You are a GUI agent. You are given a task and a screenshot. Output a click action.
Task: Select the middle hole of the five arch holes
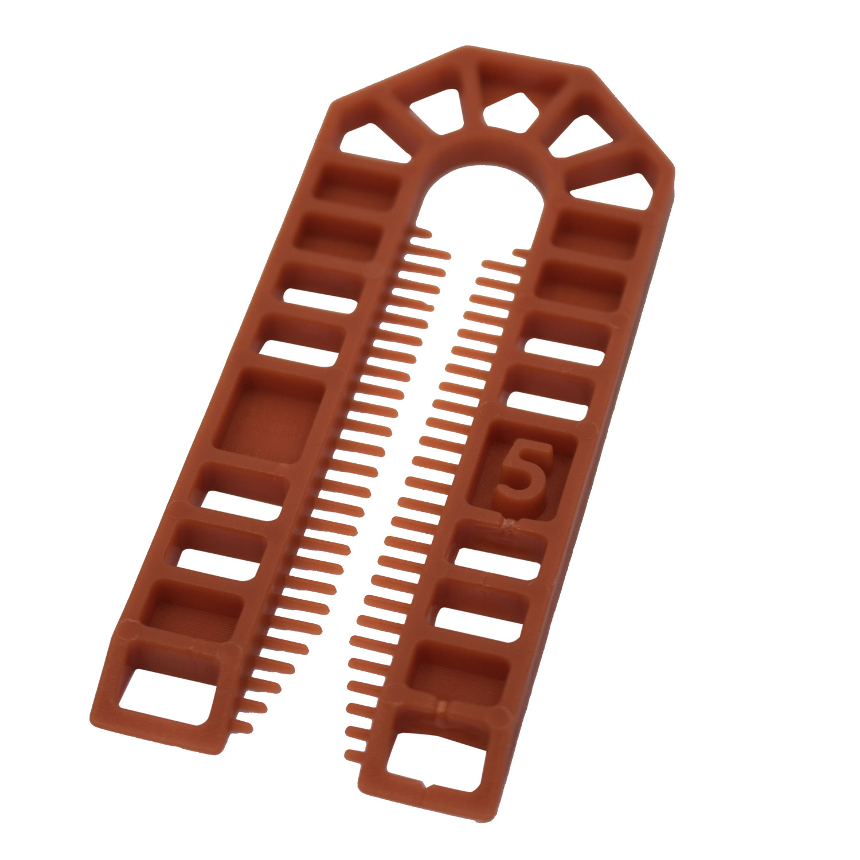(510, 110)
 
